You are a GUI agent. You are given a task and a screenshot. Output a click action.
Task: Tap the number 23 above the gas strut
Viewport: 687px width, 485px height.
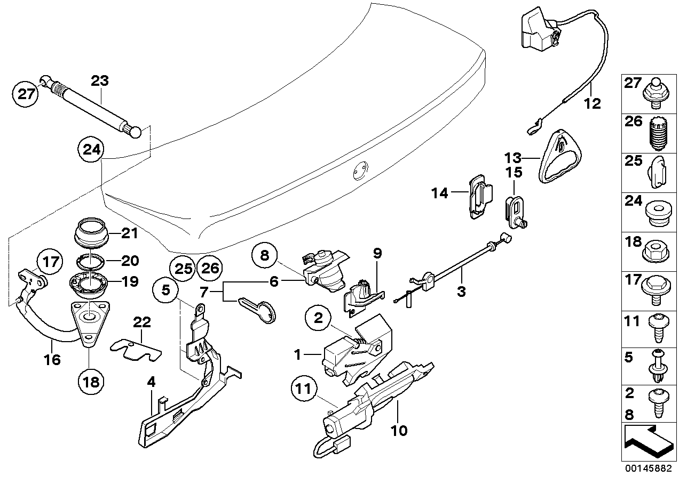point(99,81)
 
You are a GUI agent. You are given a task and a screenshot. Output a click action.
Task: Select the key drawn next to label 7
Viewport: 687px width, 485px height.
point(260,309)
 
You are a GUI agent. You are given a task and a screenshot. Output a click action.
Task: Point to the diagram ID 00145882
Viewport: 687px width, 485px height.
point(652,470)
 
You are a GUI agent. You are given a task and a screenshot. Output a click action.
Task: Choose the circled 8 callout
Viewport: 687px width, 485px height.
point(265,255)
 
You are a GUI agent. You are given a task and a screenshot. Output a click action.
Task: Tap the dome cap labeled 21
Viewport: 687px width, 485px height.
point(91,231)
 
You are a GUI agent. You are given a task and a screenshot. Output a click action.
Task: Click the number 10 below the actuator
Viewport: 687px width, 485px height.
point(399,430)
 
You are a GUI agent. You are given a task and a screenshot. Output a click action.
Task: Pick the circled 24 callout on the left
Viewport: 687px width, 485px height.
point(91,150)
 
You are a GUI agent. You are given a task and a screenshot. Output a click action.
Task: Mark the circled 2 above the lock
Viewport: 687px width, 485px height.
point(319,319)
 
